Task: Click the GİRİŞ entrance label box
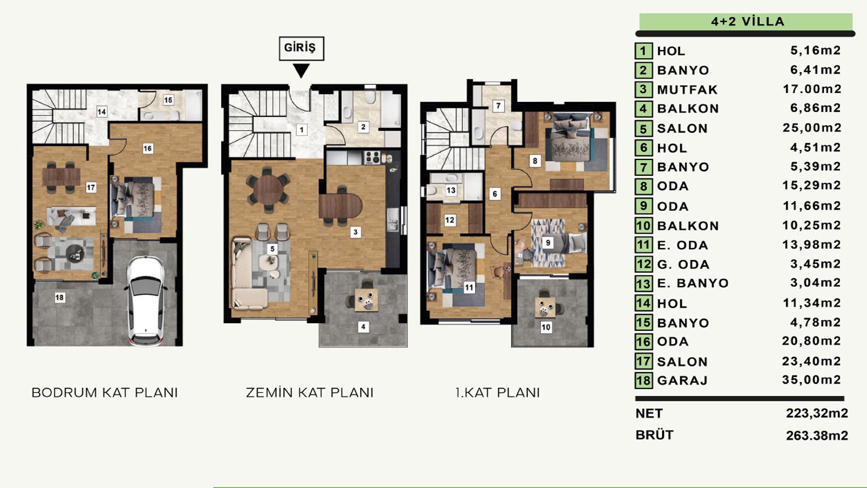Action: [x=301, y=48]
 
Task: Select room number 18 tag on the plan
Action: [x=60, y=298]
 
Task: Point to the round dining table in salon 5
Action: [x=269, y=189]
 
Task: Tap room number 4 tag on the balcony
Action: [x=363, y=327]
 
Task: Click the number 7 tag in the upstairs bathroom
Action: [x=498, y=106]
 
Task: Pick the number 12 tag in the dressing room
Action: [x=450, y=220]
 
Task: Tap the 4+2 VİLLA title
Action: [x=747, y=21]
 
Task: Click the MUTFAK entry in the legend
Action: [x=688, y=89]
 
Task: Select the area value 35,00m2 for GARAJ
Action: [x=811, y=380]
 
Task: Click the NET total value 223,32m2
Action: [x=817, y=413]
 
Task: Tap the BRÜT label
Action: [x=655, y=435]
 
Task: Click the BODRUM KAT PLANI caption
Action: [x=105, y=393]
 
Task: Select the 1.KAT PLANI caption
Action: [x=498, y=393]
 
